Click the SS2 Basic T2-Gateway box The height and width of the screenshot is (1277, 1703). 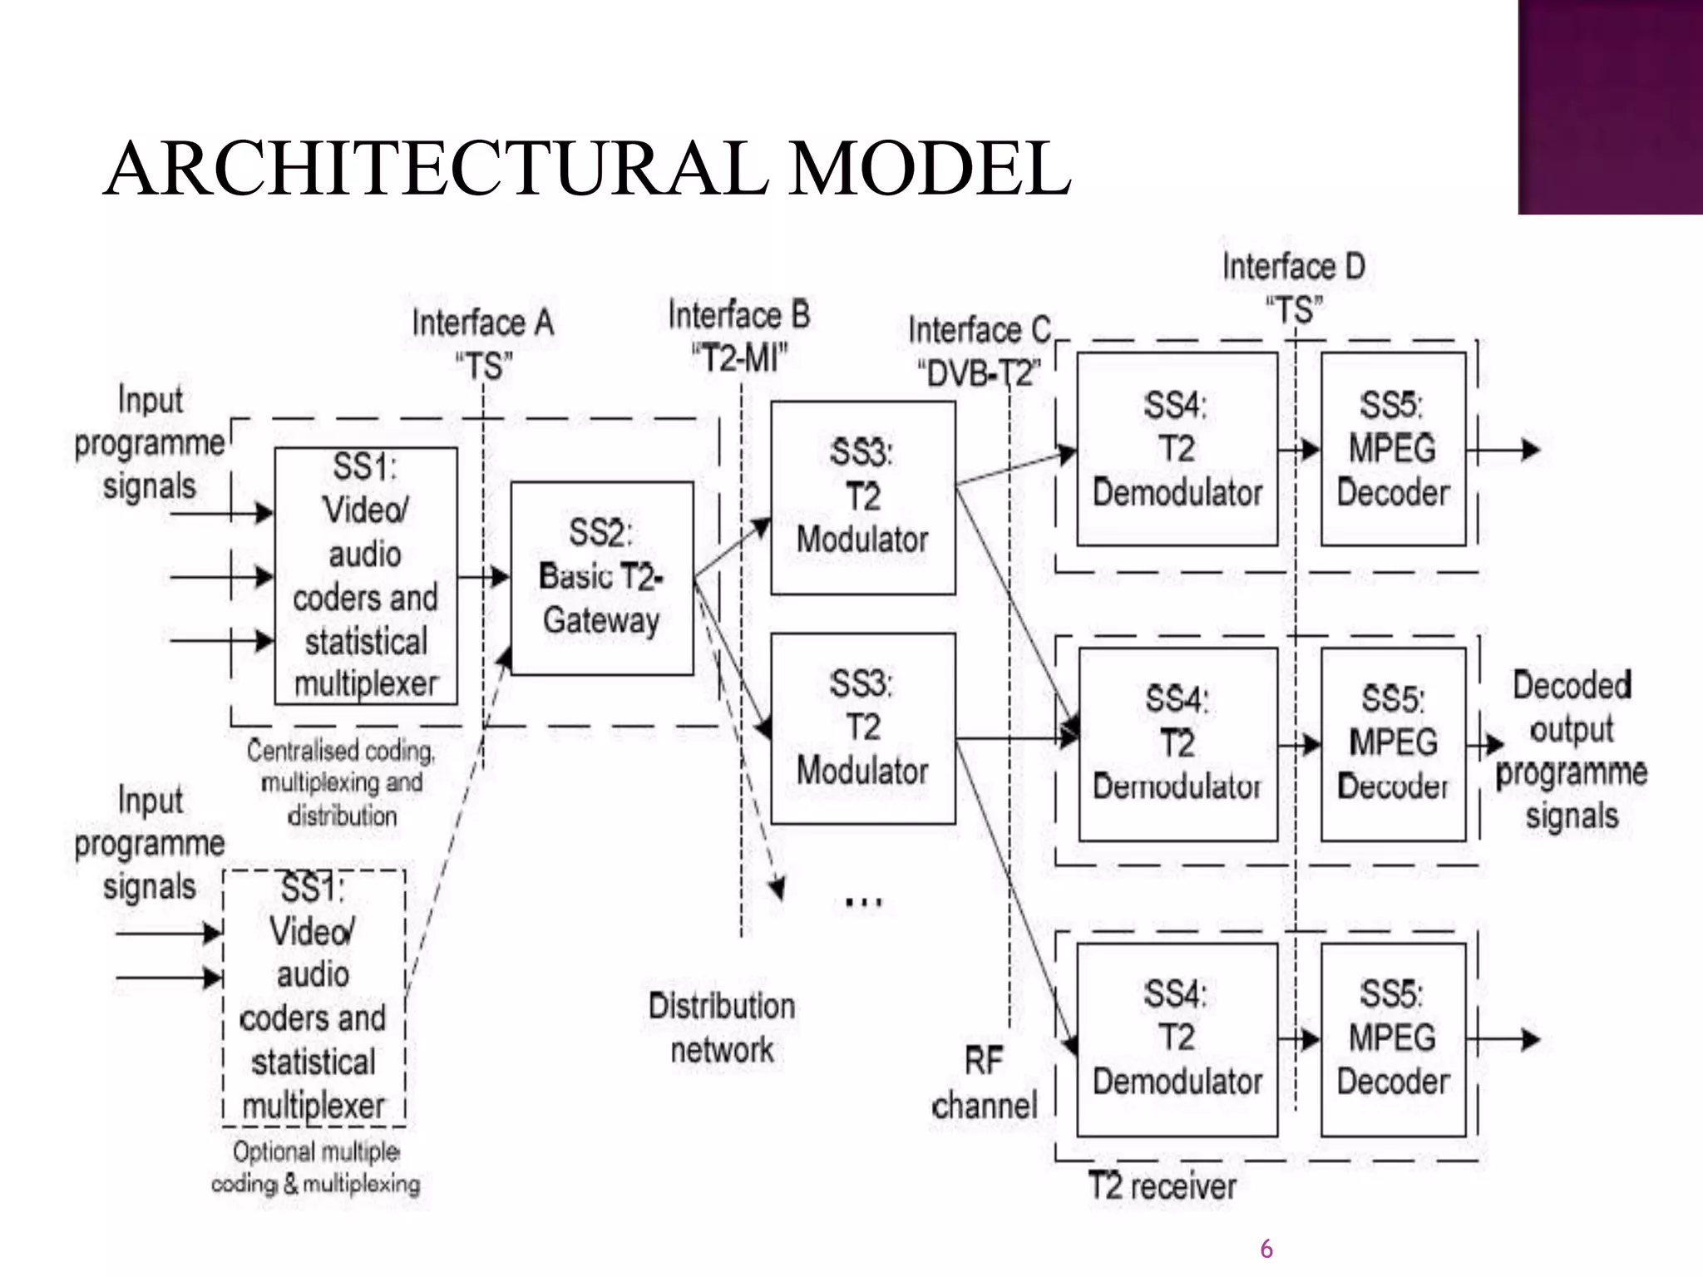pyautogui.click(x=602, y=578)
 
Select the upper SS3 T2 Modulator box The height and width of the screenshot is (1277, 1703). pyautogui.click(x=862, y=497)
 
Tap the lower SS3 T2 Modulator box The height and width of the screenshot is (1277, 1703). pyautogui.click(x=862, y=728)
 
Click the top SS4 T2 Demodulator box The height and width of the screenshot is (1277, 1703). pyautogui.click(x=1177, y=449)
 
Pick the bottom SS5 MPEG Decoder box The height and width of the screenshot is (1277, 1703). pyautogui.click(x=1393, y=1039)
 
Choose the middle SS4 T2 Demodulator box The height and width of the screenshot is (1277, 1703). pyautogui.click(x=1177, y=743)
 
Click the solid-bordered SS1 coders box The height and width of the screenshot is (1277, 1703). pyautogui.click(x=366, y=575)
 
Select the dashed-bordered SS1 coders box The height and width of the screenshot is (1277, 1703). pyautogui.click(x=314, y=998)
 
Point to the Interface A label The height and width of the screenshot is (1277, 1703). pyautogui.click(x=483, y=323)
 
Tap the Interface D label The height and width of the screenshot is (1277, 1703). pyautogui.click(x=1294, y=267)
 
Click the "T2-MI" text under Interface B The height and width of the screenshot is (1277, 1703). pyautogui.click(x=739, y=358)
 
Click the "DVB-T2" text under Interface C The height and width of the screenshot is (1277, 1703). pyautogui.click(x=979, y=373)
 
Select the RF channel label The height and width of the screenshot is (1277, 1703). pyautogui.click(x=985, y=1083)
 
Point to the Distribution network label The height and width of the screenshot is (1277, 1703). pyautogui.click(x=722, y=1028)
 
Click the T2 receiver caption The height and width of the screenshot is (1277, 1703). pyautogui.click(x=1162, y=1186)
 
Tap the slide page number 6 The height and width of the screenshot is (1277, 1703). pyautogui.click(x=1266, y=1249)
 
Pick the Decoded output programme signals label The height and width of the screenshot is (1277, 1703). pyautogui.click(x=1572, y=750)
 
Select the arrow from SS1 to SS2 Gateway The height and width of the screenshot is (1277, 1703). pyautogui.click(x=483, y=576)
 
